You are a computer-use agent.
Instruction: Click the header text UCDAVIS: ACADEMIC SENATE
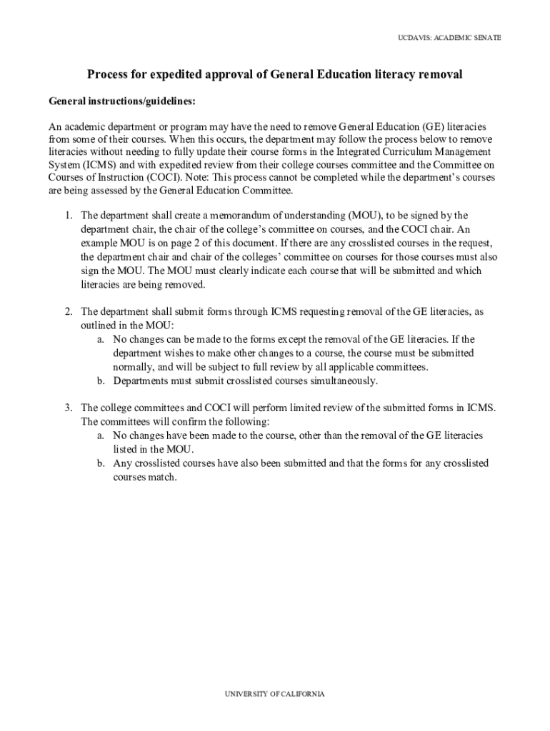[449, 37]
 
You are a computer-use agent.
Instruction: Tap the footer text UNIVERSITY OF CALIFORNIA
[275, 694]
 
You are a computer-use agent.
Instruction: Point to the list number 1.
[69, 215]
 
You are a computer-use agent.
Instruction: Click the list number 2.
[69, 312]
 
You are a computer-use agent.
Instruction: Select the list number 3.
[69, 408]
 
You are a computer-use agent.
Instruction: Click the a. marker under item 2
[101, 340]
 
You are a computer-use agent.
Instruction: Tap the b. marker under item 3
[101, 463]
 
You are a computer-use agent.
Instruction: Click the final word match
[164, 477]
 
